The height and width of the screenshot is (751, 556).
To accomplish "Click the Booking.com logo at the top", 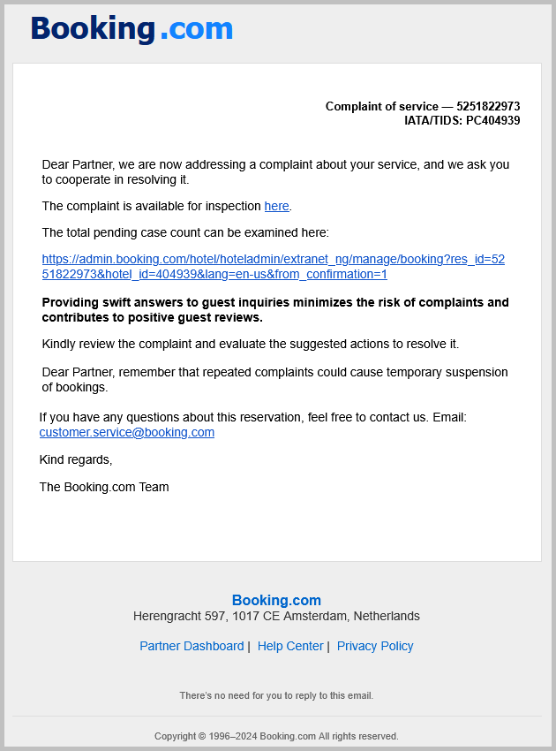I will pyautogui.click(x=131, y=29).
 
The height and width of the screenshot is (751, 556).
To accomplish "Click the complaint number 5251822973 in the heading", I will pyautogui.click(x=488, y=107).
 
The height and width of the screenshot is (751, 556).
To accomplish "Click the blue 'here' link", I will pyautogui.click(x=276, y=207).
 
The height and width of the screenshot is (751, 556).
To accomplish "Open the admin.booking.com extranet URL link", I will pyautogui.click(x=274, y=267).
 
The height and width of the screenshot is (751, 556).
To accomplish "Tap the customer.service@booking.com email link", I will pyautogui.click(x=127, y=432).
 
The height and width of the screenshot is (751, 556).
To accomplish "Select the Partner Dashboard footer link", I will pyautogui.click(x=192, y=646).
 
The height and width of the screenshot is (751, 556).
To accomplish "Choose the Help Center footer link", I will pyautogui.click(x=290, y=646).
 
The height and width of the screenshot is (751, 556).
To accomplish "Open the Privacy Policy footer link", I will pyautogui.click(x=375, y=646).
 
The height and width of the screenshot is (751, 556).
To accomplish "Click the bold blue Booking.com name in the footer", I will pyautogui.click(x=276, y=601).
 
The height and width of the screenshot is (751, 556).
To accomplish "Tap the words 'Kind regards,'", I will pyautogui.click(x=76, y=459).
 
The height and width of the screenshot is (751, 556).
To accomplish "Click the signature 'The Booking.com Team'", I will pyautogui.click(x=104, y=487).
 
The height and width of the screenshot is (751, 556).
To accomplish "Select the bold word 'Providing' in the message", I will pyautogui.click(x=70, y=302).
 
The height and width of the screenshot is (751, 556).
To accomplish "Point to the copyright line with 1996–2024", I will pyautogui.click(x=276, y=736).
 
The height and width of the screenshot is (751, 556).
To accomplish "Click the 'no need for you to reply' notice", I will pyautogui.click(x=276, y=695).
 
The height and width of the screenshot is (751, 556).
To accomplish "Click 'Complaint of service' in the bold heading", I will pyautogui.click(x=382, y=107).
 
